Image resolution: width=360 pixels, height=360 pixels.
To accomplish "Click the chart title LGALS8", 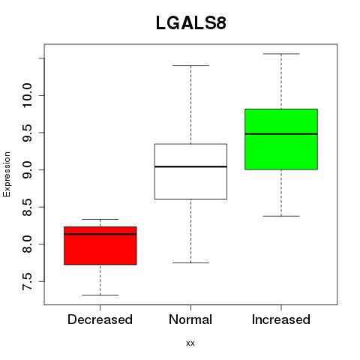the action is click(x=191, y=23).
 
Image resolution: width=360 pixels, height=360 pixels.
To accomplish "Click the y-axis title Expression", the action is click(x=7, y=174).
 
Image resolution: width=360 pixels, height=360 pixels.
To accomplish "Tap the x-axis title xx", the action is click(x=190, y=343).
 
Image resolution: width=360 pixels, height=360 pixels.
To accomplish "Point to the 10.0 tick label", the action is click(x=27, y=95).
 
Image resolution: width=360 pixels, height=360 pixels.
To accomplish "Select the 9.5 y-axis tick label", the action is click(x=27, y=133).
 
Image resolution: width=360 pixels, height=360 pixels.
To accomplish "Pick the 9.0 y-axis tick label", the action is click(x=27, y=170).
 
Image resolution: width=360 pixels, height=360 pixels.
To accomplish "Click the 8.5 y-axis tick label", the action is click(x=27, y=207).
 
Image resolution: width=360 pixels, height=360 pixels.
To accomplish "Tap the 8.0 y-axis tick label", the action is click(x=27, y=244).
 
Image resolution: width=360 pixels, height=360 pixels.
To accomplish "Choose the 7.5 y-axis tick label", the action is click(x=27, y=281).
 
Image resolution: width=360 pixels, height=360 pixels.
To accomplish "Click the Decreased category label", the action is click(x=100, y=319).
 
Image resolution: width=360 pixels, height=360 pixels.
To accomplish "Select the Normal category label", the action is click(x=190, y=319).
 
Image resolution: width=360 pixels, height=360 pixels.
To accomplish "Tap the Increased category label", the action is click(x=281, y=319).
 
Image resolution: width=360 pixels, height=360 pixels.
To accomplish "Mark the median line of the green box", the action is click(x=281, y=134).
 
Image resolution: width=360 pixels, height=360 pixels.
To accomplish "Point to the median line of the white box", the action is click(x=190, y=166).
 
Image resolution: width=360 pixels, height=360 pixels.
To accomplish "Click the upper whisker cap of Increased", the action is click(x=281, y=54).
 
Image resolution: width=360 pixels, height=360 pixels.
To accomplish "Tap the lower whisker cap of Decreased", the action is click(x=100, y=295).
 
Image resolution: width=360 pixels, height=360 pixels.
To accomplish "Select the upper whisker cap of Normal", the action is click(x=190, y=65).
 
